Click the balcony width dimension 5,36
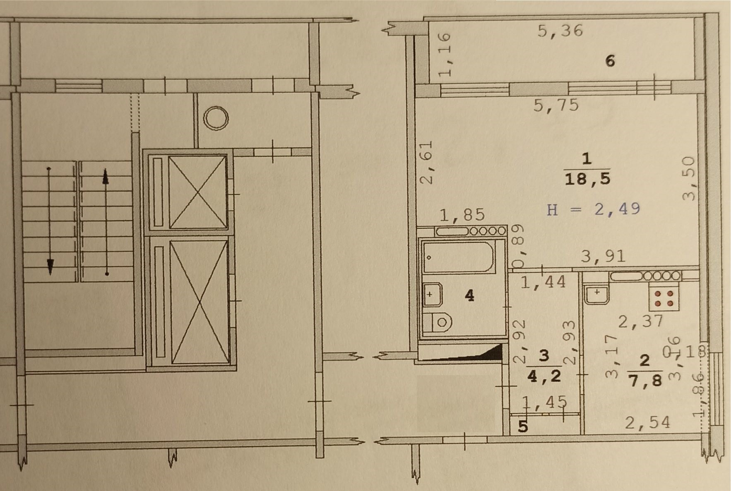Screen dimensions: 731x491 (560, 31)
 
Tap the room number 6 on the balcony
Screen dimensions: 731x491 (610, 61)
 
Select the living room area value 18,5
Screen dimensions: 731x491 (587, 179)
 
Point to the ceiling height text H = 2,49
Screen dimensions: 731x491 (594, 209)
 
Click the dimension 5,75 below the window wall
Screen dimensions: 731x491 (556, 105)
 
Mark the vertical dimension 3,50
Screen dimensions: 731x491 (690, 178)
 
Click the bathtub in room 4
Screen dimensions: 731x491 (458, 257)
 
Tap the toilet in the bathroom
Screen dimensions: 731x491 (438, 321)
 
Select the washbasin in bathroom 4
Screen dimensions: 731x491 (432, 295)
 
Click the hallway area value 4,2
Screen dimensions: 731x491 (544, 376)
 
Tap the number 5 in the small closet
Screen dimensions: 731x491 (523, 426)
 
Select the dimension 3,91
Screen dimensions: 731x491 (603, 257)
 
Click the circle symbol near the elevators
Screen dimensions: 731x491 (216, 118)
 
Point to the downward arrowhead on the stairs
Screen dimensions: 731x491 (50, 266)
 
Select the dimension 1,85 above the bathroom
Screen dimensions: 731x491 (462, 215)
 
